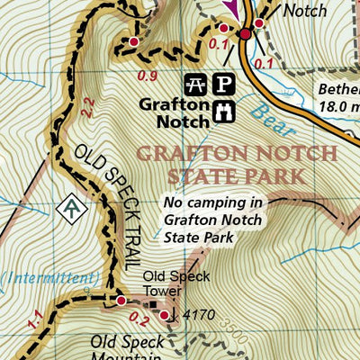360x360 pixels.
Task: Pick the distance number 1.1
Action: [36, 318]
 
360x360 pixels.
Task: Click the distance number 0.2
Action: [137, 316]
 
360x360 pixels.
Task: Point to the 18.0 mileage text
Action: [339, 106]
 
